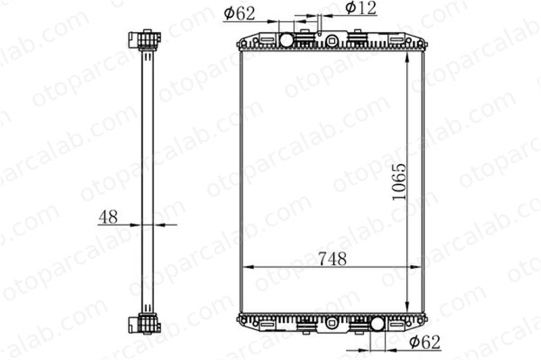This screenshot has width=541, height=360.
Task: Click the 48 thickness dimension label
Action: pos(108,217)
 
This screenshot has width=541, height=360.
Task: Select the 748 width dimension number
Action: pos(332,258)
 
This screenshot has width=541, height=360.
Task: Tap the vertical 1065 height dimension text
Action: pos(399,182)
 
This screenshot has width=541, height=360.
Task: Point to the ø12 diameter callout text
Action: pos(361,8)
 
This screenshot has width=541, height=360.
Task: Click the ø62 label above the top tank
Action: pos(240,14)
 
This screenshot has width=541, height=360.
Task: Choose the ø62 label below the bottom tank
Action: pos(425,342)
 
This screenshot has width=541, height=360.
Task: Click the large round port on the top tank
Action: pos(286,40)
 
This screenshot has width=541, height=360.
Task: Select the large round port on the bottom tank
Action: pos(377,324)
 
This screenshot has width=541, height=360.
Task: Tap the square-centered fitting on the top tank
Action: pos(332,41)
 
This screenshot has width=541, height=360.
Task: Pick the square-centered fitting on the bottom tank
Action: pos(332,323)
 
